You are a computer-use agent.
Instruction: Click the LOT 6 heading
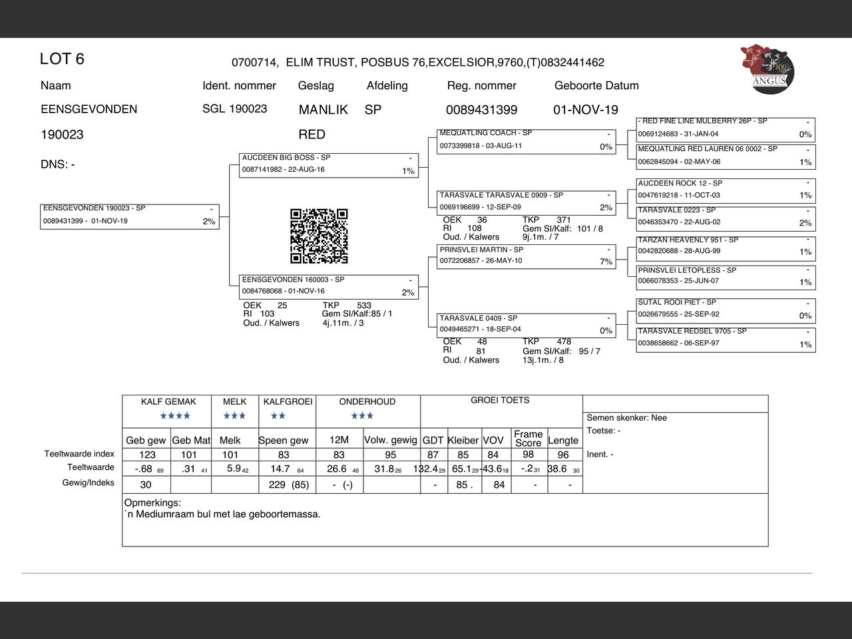pos(62,59)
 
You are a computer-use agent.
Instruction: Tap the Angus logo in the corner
pos(767,67)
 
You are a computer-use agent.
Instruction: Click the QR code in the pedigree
pos(319,236)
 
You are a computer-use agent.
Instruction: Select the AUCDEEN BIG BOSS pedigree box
pos(329,165)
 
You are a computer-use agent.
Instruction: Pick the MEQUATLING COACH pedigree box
pos(526,140)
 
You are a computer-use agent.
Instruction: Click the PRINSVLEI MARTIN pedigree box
pos(526,256)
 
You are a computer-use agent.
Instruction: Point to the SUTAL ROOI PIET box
pos(726,310)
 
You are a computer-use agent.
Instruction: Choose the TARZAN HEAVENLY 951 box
pos(726,247)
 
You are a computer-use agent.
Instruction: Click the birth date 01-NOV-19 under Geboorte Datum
pos(586,110)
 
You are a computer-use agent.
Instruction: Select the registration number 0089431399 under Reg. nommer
pos(481,110)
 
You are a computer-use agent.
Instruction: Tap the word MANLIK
pos(323,110)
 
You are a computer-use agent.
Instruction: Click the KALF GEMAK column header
pos(168,401)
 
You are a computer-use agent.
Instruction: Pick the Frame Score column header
pos(528,438)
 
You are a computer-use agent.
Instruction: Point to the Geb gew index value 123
pos(147,455)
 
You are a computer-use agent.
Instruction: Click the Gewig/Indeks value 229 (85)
pos(288,485)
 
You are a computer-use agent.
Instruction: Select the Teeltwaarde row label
pos(91,467)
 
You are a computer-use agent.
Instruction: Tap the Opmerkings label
pos(152,503)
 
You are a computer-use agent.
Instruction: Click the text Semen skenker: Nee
pos(626,418)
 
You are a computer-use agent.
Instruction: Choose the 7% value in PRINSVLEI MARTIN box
pos(606,262)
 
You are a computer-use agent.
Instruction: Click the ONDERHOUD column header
pos(367,401)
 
